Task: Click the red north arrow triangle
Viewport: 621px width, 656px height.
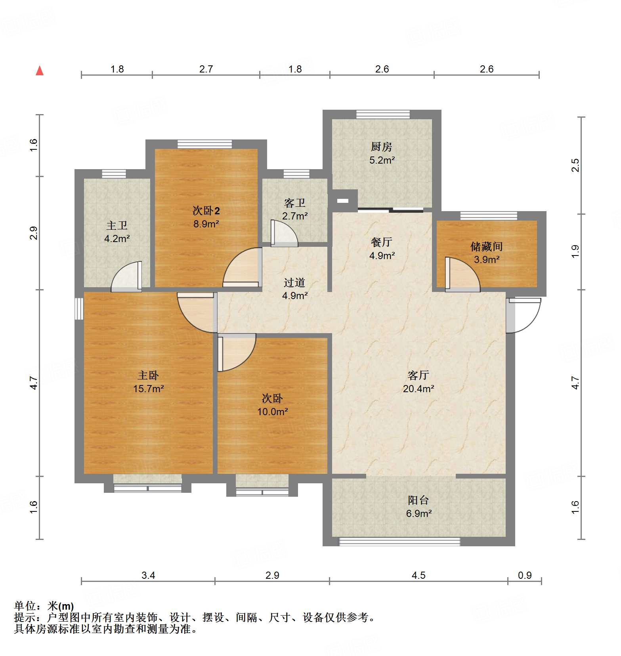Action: [x=40, y=71]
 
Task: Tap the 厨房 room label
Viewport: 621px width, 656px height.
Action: [x=381, y=147]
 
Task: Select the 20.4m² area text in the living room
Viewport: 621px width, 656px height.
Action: [x=418, y=389]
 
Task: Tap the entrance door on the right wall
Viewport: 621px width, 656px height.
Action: [x=524, y=315]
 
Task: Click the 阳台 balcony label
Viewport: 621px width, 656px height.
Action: [x=418, y=500]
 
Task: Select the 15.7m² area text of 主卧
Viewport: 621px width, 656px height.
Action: [x=148, y=389]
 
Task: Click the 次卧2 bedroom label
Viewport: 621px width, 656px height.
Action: [x=206, y=210]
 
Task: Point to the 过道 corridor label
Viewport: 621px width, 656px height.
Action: [x=294, y=282]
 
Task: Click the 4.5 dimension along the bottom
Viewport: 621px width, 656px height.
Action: [x=418, y=575]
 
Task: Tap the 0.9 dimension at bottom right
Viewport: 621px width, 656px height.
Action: [x=525, y=575]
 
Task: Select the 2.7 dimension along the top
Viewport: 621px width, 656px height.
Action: [x=206, y=69]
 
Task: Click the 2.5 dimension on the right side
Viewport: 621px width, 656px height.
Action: [x=575, y=165]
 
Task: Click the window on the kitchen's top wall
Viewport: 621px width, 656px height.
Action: [x=383, y=114]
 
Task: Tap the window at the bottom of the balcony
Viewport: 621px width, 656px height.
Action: [x=399, y=542]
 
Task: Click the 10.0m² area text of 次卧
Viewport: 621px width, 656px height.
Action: [x=272, y=412]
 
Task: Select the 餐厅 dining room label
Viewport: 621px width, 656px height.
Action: [x=381, y=242]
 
